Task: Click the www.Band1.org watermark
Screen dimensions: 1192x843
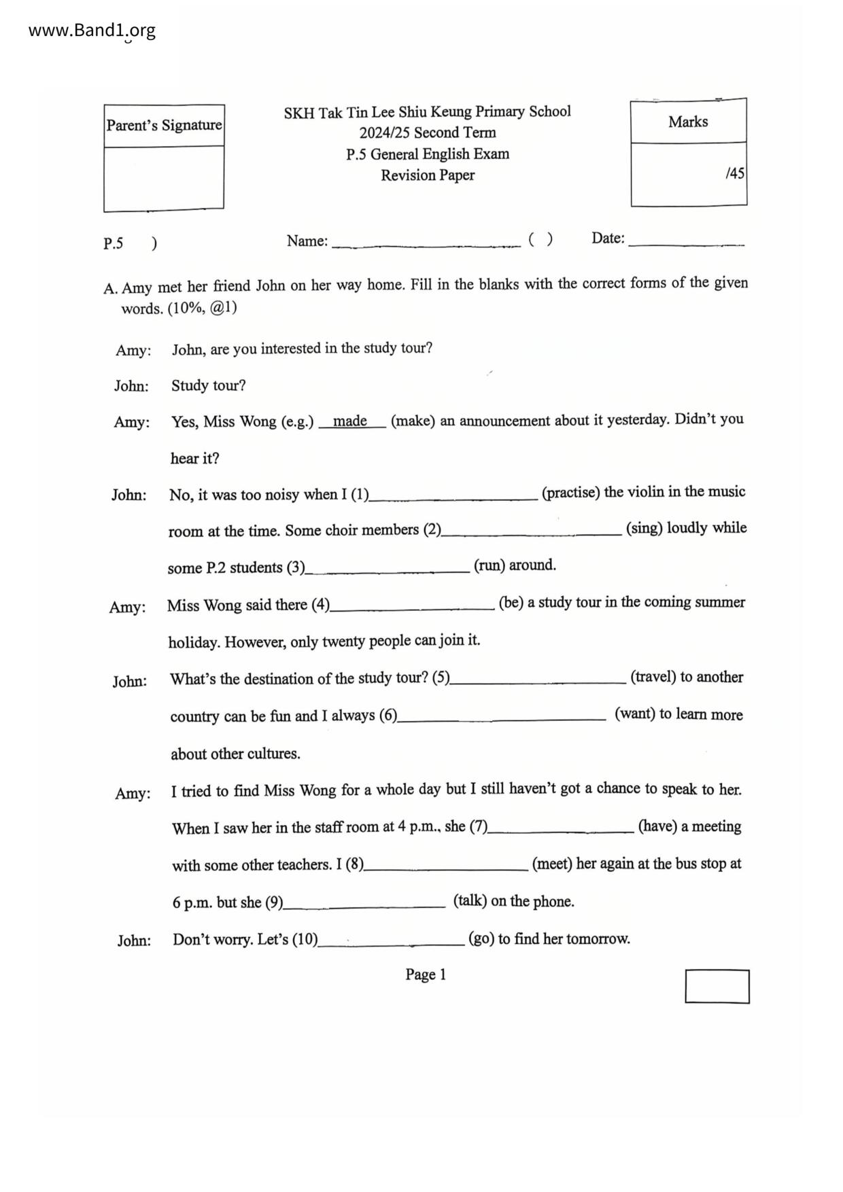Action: coord(92,31)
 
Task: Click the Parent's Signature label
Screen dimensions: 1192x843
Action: coord(164,125)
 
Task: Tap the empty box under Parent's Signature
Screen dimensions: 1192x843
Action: coord(164,177)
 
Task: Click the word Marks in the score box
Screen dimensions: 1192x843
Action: coord(688,122)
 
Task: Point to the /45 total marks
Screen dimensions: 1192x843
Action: coord(735,173)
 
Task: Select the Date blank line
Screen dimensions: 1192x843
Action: coord(687,241)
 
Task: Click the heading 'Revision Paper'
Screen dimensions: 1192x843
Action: coord(428,175)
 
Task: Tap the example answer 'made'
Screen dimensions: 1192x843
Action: coord(350,421)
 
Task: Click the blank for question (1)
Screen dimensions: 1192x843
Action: coord(453,495)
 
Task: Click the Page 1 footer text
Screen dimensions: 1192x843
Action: coord(426,975)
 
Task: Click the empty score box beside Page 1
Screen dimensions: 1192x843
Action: coord(717,986)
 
